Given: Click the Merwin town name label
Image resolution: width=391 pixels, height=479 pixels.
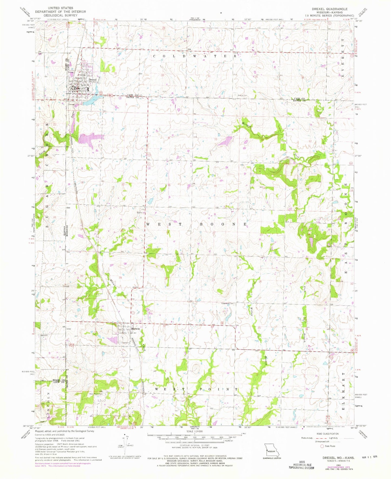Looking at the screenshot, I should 135,329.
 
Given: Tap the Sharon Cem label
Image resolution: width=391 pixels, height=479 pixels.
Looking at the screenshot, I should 242,95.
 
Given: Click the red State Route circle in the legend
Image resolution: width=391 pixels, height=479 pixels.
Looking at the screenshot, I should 322,446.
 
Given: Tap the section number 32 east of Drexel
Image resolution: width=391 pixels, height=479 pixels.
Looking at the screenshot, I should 116,73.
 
